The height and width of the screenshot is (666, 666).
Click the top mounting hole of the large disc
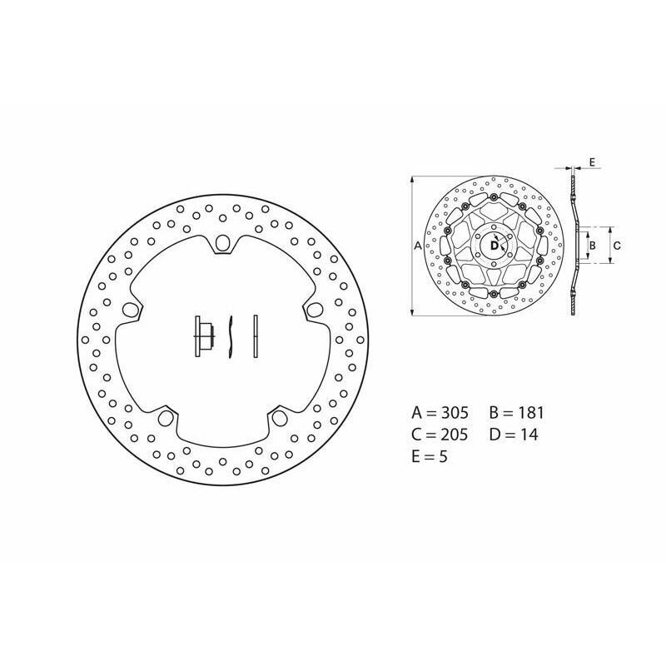pyautogui.click(x=221, y=243)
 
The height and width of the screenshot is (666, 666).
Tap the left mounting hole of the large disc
pyautogui.click(x=128, y=309)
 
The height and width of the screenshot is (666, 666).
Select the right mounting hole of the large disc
pyautogui.click(x=314, y=309)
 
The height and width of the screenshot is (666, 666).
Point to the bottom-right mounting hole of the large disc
pyautogui.click(x=278, y=418)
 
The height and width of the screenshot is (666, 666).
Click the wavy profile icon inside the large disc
pyautogui.click(x=231, y=337)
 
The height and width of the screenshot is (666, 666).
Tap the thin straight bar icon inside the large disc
pyautogui.click(x=256, y=336)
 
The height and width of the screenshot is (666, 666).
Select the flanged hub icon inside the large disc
pyautogui.click(x=204, y=336)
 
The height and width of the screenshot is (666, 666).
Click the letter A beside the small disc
pyautogui.click(x=418, y=246)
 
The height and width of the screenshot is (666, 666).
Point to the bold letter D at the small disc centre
pyautogui.click(x=494, y=246)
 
